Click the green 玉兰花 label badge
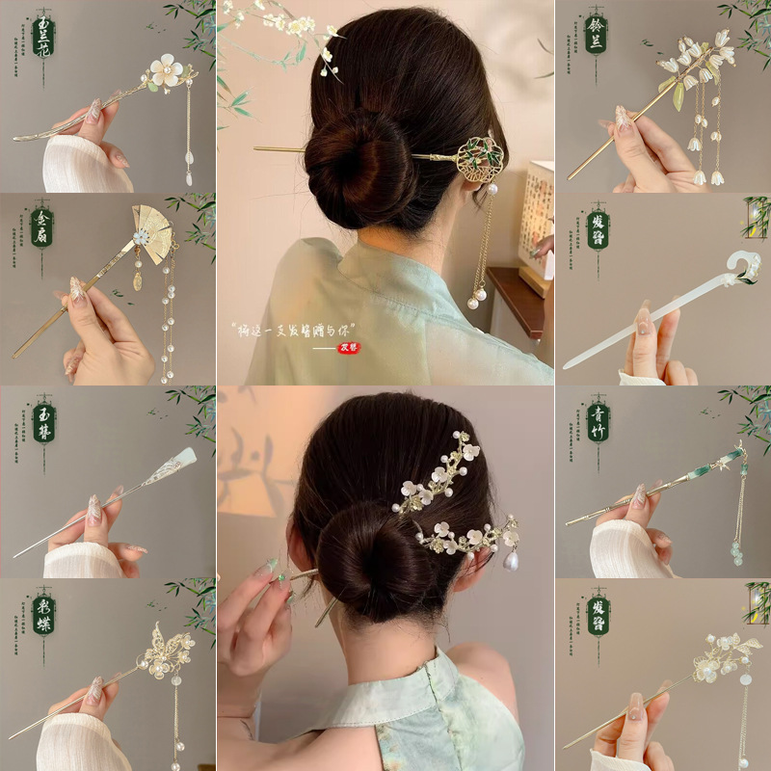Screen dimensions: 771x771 tap(42, 35)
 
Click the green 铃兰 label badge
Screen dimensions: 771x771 tap(597, 35)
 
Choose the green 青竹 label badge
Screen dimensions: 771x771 tap(597, 422)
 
